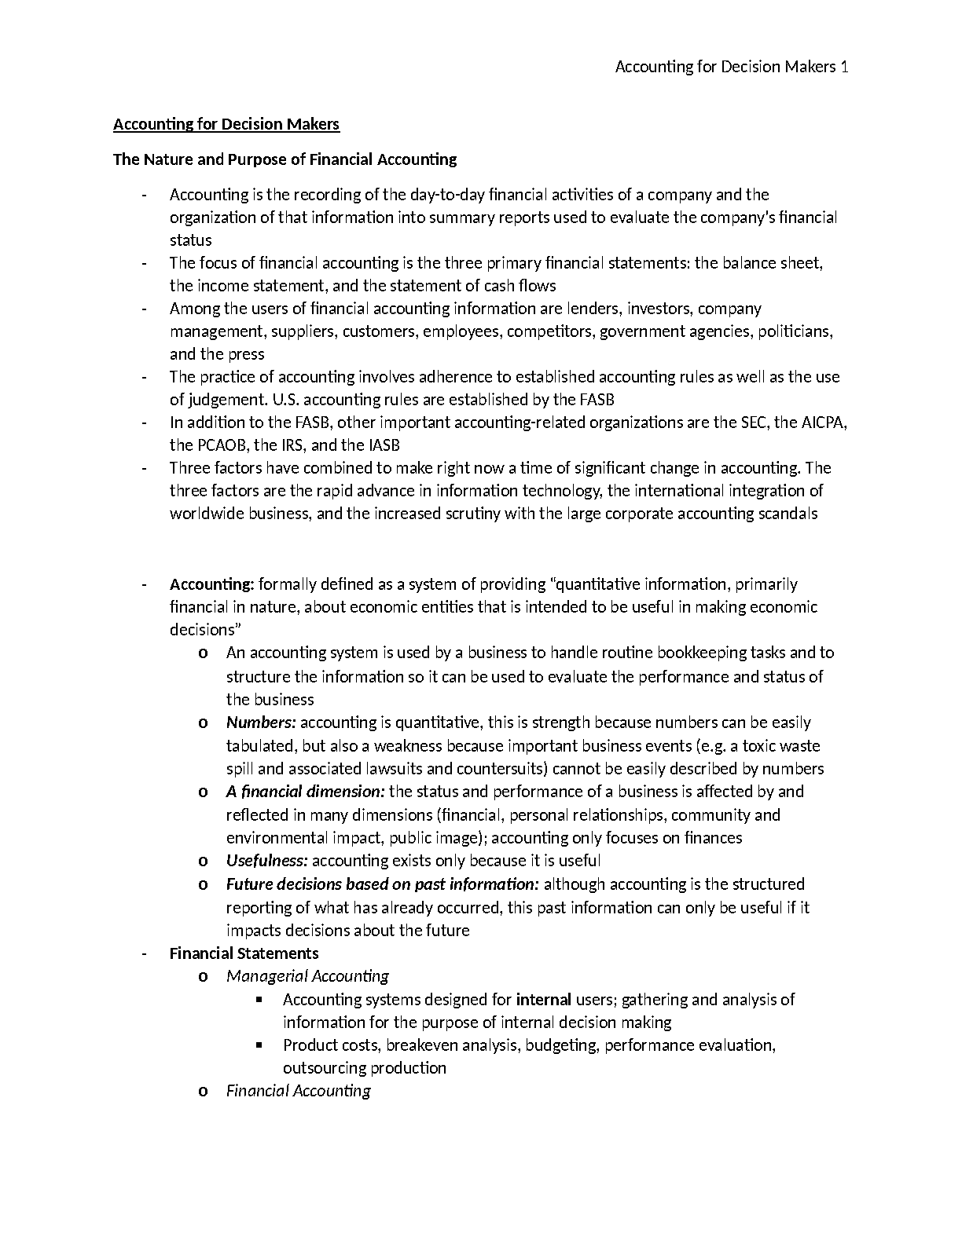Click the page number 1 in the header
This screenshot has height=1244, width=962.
point(844,67)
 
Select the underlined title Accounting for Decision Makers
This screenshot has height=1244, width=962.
point(226,124)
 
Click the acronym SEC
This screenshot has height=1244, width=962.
point(755,423)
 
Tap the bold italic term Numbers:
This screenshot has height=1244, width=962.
point(261,723)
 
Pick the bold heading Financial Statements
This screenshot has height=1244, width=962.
point(244,953)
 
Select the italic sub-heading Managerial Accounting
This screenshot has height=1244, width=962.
point(307,976)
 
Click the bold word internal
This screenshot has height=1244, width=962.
point(543,1000)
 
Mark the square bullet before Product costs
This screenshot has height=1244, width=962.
point(259,1045)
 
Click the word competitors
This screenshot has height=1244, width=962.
point(550,331)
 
